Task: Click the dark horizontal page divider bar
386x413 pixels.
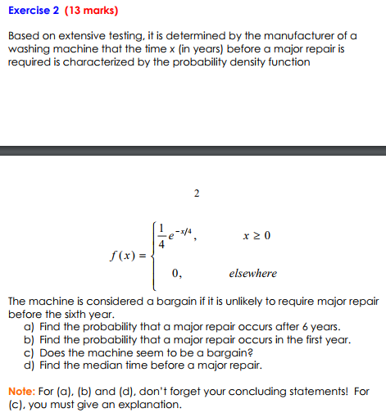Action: (193, 150)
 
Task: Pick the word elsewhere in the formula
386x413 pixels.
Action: (252, 273)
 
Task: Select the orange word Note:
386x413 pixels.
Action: (21, 391)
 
